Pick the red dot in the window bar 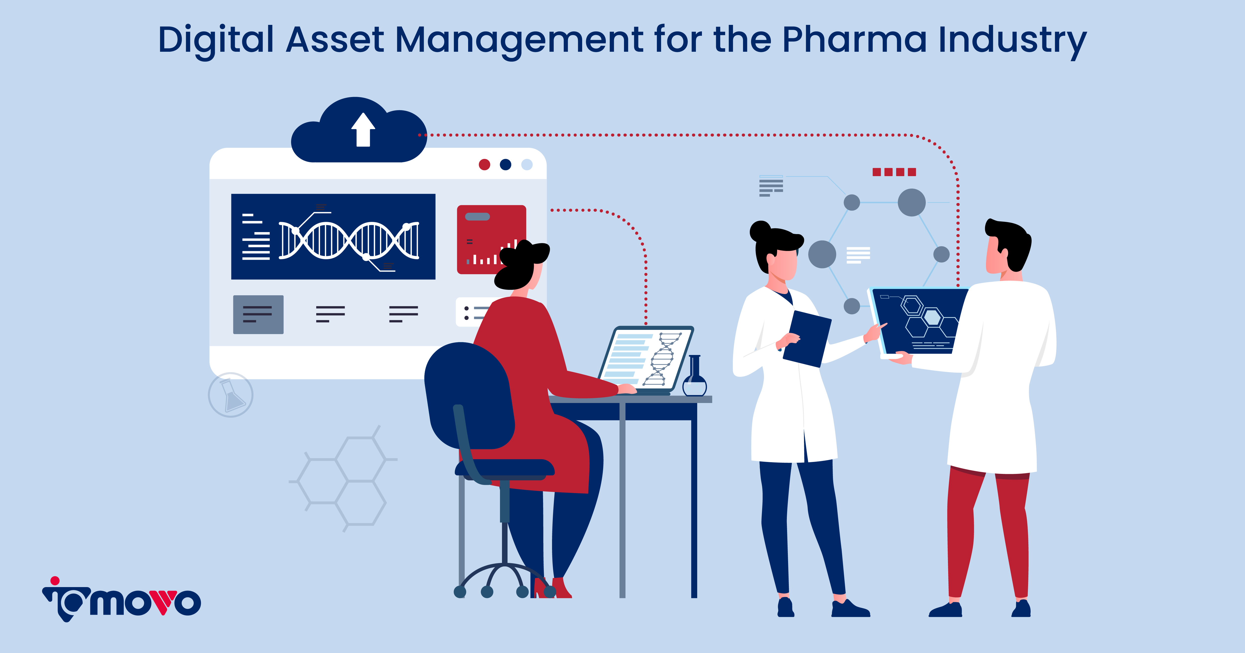484,165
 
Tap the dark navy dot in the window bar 505,165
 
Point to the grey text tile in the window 258,314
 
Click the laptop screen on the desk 645,358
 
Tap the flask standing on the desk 694,379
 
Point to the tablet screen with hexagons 918,321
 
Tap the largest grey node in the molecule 912,202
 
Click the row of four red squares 894,172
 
